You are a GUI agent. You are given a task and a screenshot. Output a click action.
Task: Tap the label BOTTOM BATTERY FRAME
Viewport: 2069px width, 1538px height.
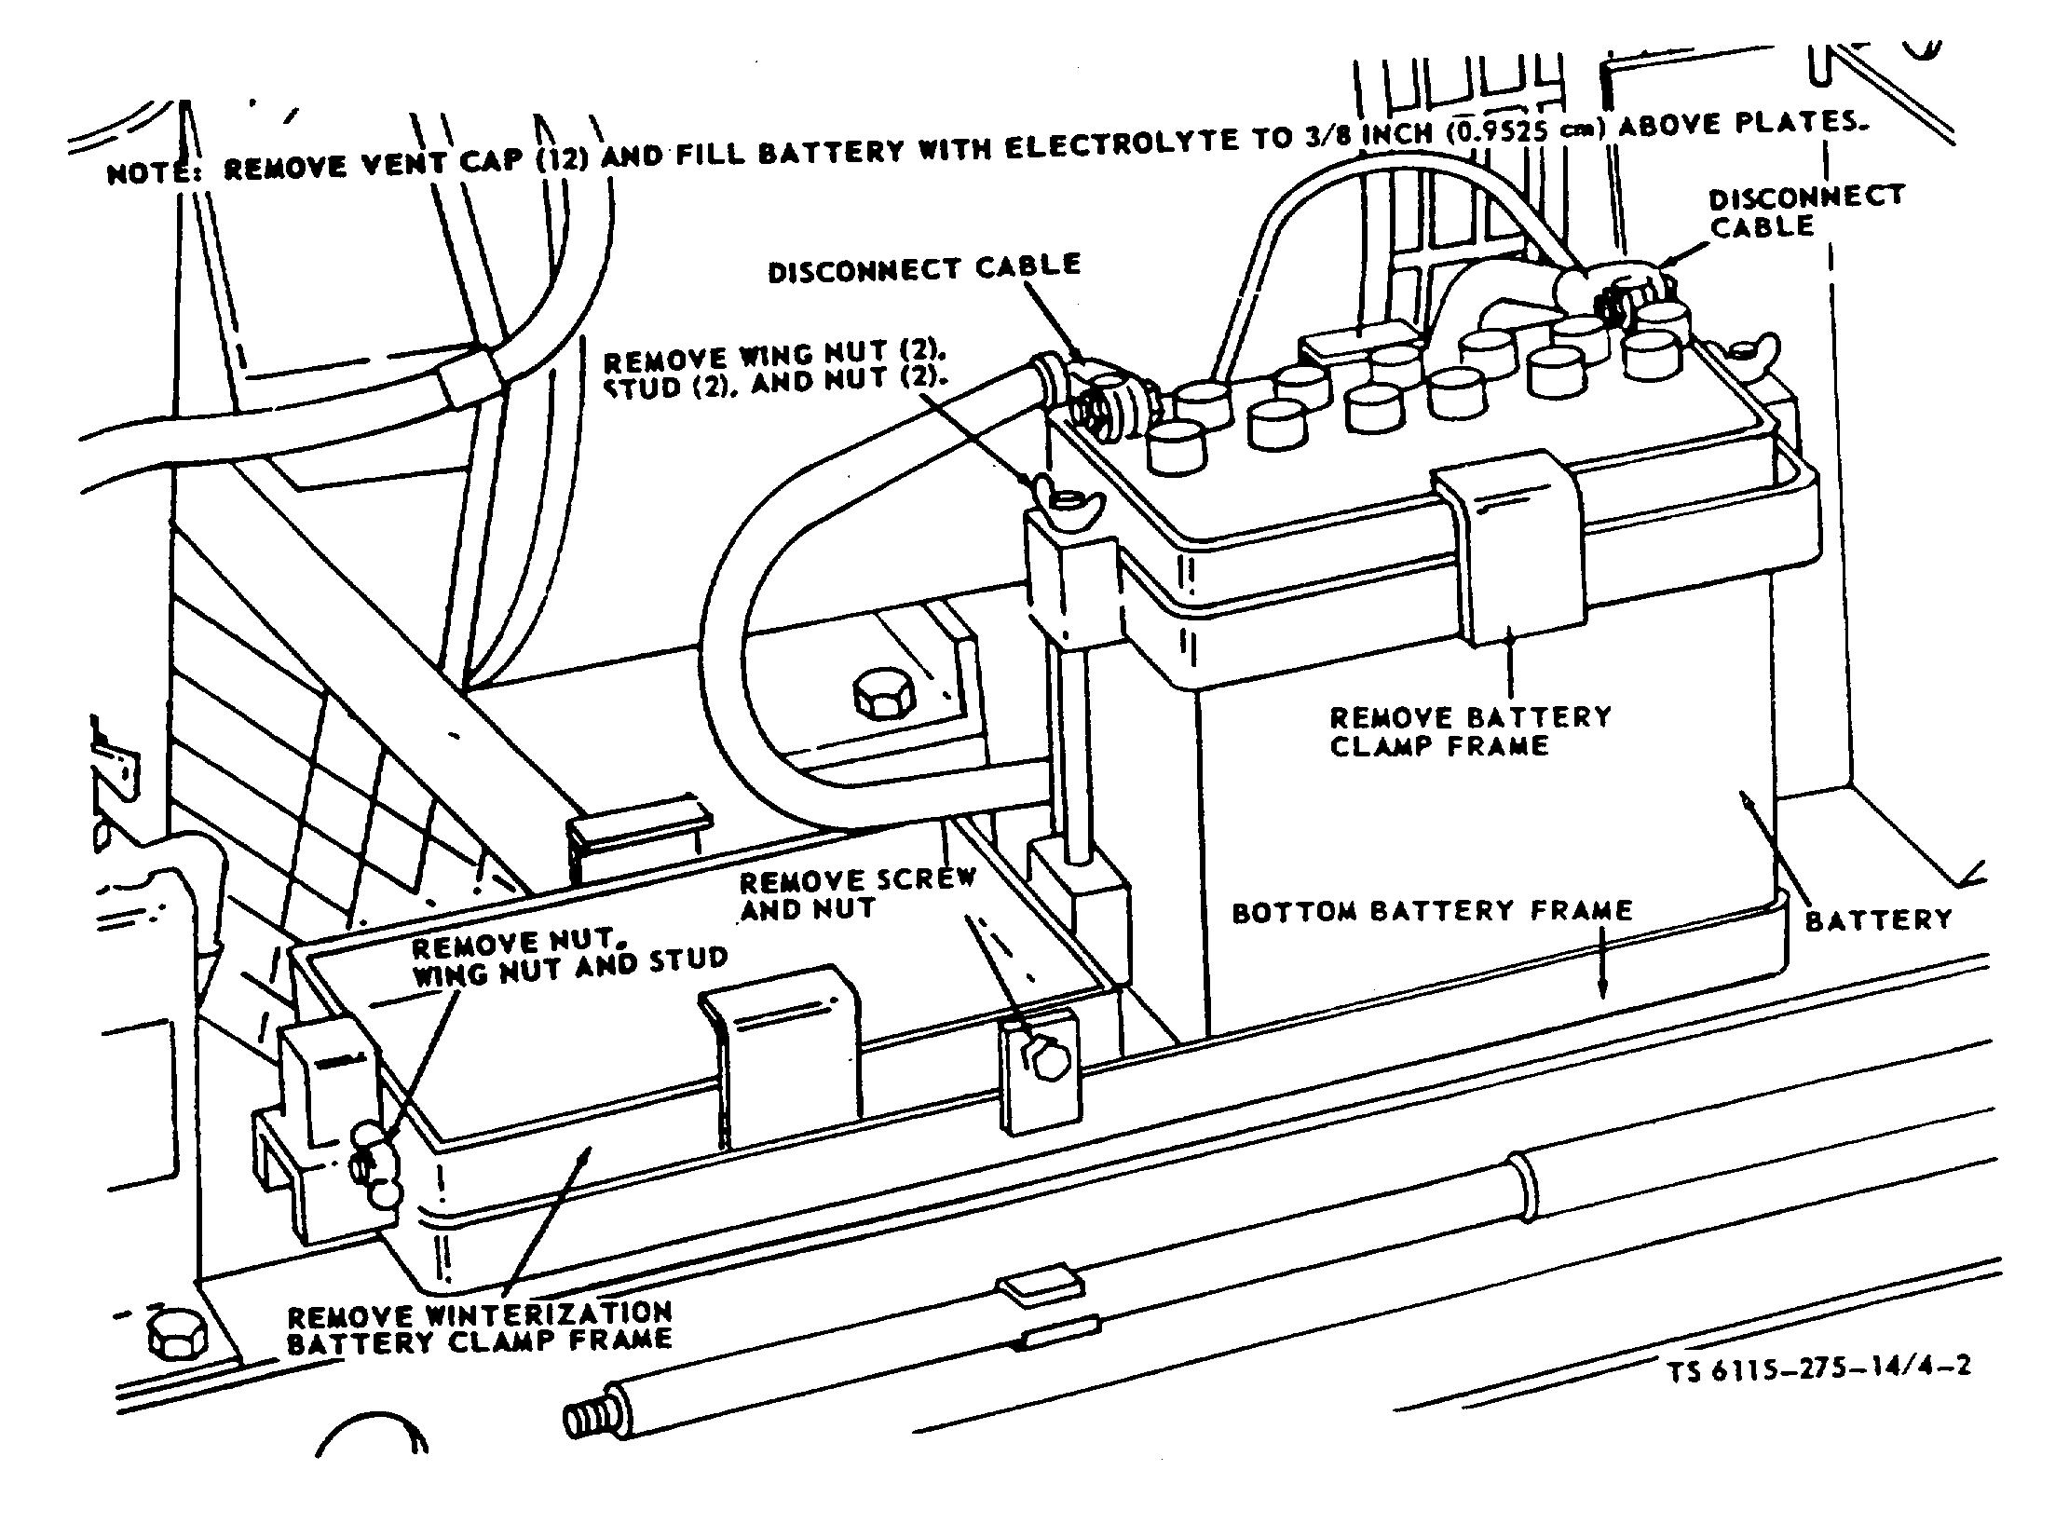pos(1432,910)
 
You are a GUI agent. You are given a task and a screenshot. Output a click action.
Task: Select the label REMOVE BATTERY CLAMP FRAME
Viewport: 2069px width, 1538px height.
pos(1469,731)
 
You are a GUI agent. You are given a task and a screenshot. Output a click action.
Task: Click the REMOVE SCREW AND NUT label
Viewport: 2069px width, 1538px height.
pos(857,893)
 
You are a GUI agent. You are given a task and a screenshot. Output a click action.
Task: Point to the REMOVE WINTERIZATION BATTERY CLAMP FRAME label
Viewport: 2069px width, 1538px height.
pos(479,1327)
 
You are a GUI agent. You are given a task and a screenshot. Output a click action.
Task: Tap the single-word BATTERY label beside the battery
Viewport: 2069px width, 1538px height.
pos(1878,920)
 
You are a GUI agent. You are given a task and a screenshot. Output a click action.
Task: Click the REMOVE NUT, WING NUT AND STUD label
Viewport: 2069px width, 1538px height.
pos(569,960)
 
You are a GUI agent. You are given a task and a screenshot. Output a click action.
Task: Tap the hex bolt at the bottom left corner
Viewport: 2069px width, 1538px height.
pos(174,1339)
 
